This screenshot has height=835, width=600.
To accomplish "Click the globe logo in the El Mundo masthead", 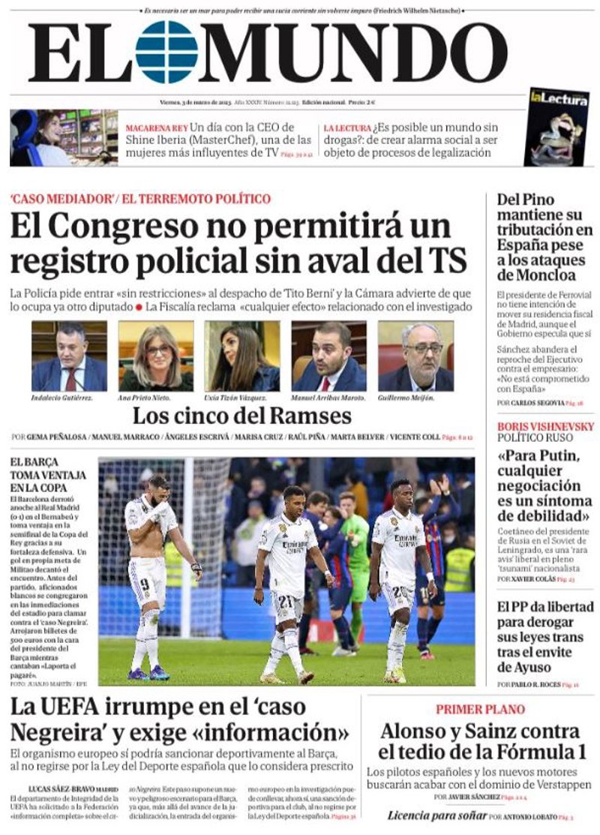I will [x=166, y=52].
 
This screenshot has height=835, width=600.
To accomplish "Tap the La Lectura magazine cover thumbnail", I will [x=556, y=127].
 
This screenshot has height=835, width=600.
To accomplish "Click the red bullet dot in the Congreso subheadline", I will [x=139, y=307].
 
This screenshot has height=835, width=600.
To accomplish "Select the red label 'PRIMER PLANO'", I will [x=479, y=709].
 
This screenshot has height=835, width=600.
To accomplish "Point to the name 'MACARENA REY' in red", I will [x=156, y=128].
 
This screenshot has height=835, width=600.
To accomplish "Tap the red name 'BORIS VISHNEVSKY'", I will [x=545, y=427].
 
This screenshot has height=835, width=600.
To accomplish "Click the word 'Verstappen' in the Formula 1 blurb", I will [x=553, y=785].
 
